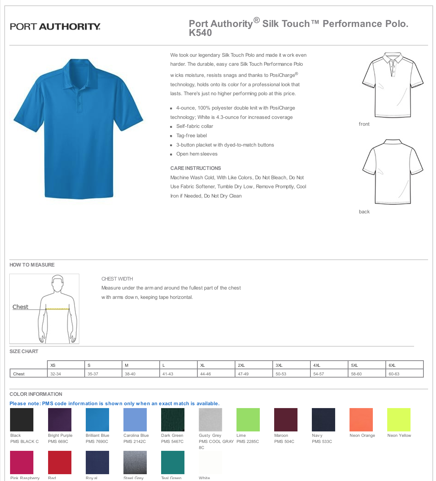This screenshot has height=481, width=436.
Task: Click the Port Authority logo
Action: coord(55,27)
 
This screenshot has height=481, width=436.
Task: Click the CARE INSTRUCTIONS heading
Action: coord(196,168)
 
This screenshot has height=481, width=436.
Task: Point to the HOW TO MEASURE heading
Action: coord(32,265)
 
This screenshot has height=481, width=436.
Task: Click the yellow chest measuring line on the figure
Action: coord(57,309)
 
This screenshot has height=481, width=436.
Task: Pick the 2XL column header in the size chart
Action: coord(242,365)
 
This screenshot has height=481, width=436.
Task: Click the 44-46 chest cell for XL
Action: coord(206,374)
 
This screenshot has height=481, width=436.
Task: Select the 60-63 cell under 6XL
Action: coord(394,374)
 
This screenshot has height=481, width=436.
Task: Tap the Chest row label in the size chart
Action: coord(19,374)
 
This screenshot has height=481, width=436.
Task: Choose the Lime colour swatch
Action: coord(248,420)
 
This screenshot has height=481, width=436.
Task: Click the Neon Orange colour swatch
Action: coord(361,420)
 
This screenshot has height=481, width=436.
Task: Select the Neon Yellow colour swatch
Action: coord(399,420)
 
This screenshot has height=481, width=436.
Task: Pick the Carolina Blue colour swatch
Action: coord(135,420)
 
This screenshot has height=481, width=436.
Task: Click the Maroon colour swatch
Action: coord(286,420)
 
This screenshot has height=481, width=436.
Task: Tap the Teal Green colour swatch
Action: coord(173,462)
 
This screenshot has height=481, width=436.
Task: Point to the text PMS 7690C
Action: coord(97,441)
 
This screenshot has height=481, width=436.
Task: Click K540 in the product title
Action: coord(200,33)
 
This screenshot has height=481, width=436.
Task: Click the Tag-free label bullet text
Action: coord(192,135)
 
